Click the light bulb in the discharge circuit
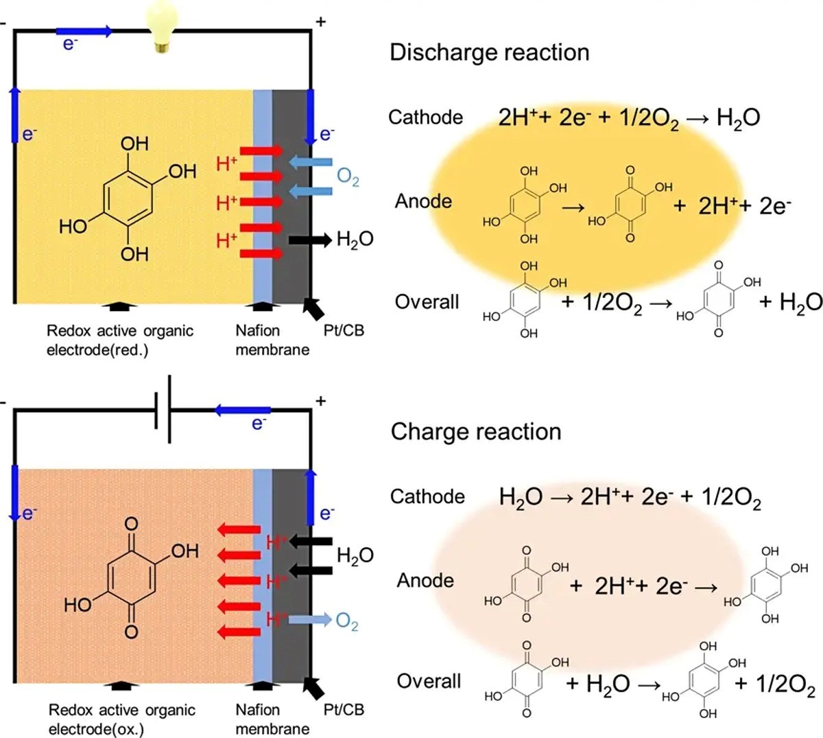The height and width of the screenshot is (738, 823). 163,26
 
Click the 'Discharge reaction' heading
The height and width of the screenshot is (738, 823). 490,53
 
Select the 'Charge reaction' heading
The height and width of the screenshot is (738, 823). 476,431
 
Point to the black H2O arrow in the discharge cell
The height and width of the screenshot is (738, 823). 310,240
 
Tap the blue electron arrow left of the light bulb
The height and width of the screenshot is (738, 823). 84,32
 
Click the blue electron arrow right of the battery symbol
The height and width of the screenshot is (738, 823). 243,411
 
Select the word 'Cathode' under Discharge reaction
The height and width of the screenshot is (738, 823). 425,117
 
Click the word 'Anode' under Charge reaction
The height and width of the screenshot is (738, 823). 425,580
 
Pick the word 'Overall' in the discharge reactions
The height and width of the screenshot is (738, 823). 427,302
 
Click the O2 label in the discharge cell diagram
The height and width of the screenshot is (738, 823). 348,177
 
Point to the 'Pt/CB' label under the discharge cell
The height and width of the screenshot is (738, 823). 344,331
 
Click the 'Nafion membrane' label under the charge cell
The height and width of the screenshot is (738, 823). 272,719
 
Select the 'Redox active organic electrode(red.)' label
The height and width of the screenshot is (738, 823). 120,341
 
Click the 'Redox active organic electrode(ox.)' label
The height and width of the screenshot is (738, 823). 121,719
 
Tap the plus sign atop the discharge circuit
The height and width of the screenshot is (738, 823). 321,21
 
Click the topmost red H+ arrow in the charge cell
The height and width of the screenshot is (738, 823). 239,529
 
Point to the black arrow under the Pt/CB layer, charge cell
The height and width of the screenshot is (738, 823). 313,689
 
